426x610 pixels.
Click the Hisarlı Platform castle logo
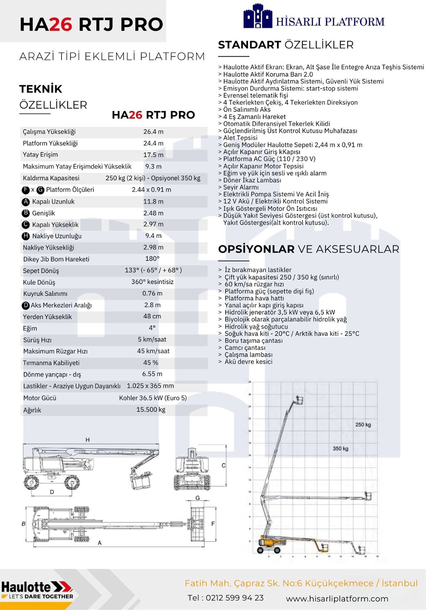(x=257, y=17)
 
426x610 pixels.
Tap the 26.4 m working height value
(x=153, y=132)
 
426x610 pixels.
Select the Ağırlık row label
(x=32, y=410)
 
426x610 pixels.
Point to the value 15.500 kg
(x=151, y=410)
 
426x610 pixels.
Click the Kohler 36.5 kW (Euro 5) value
(x=153, y=398)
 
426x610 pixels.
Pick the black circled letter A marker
(x=26, y=202)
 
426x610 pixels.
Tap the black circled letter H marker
(x=26, y=236)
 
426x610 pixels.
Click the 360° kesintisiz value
(x=152, y=282)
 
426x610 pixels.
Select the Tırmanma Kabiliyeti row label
(x=51, y=363)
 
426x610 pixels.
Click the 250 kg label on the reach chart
(x=363, y=425)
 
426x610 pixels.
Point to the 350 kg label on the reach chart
(x=340, y=449)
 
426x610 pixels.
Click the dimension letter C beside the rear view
(x=223, y=465)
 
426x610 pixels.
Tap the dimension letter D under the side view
(x=52, y=492)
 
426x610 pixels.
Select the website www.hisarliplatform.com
(x=337, y=599)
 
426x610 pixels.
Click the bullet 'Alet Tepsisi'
(x=240, y=138)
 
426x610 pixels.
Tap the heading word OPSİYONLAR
(x=256, y=249)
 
